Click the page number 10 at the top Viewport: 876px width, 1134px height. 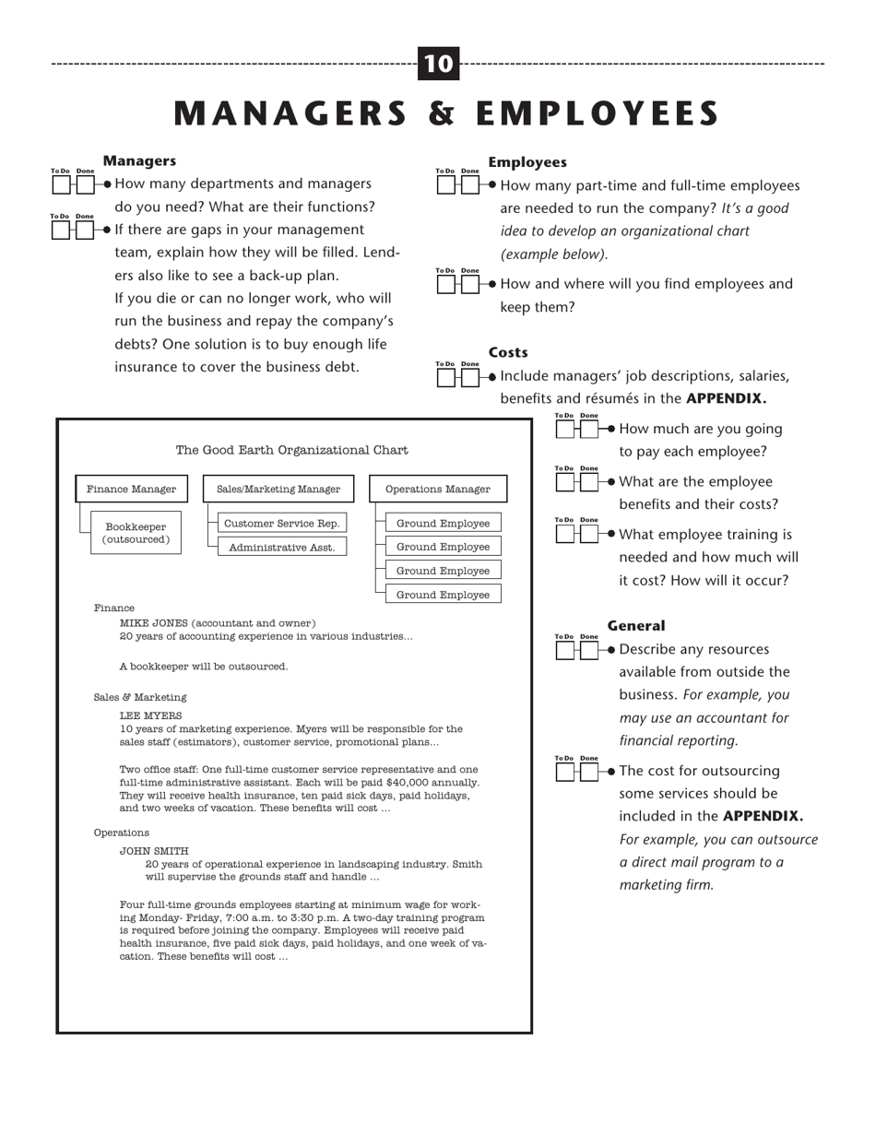[438, 64]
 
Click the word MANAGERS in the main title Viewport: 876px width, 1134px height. [290, 113]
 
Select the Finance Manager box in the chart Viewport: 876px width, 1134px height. [131, 490]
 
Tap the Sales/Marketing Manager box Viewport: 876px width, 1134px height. [278, 490]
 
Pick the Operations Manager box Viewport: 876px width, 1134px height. [438, 490]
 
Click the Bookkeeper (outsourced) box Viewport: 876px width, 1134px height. [136, 534]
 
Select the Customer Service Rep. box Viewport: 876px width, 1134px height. [282, 524]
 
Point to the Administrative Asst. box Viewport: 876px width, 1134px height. [282, 548]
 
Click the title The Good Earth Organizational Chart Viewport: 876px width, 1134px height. [291, 450]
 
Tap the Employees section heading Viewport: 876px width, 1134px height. [527, 162]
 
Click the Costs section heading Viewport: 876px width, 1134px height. [508, 352]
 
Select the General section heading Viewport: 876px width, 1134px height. [635, 625]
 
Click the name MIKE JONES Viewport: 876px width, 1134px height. [153, 623]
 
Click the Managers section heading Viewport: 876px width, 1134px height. [139, 161]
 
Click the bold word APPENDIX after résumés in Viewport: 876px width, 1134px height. [726, 398]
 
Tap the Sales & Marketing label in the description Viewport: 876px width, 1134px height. [140, 697]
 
